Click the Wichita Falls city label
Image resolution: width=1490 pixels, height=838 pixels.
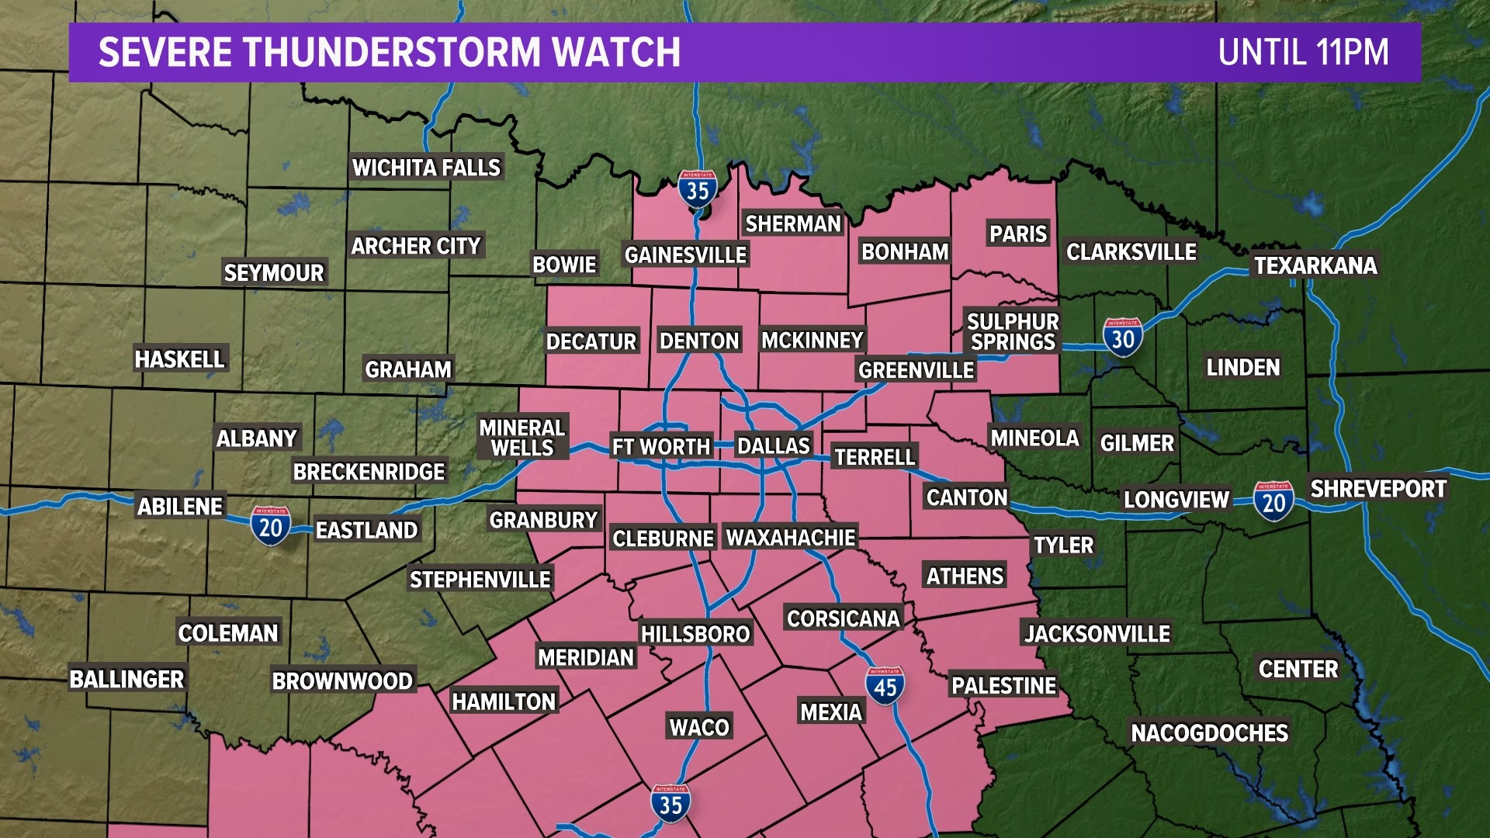426,168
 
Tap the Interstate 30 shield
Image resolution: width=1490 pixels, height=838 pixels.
1122,338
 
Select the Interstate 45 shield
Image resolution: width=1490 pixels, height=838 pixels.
885,686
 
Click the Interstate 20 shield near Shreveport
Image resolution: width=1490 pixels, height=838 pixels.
1273,501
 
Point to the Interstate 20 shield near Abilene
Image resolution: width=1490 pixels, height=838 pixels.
270,526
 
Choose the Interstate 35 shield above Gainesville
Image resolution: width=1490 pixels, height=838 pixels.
698,189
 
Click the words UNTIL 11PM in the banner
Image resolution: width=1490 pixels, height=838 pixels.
1303,53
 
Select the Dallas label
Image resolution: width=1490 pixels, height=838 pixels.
773,446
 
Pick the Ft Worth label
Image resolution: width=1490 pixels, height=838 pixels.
660,447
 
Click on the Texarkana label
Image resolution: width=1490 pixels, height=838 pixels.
1315,266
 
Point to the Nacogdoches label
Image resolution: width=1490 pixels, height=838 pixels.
1209,733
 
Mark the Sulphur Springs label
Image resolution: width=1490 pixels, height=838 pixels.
1013,332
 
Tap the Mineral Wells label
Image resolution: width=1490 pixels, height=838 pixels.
522,438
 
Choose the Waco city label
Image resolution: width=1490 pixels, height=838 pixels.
699,727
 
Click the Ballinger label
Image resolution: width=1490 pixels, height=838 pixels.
126,680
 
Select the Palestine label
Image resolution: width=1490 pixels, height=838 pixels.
1003,686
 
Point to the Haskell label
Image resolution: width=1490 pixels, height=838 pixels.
179,359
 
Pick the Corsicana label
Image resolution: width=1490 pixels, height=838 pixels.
843,618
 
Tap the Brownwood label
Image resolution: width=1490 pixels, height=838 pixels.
342,681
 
